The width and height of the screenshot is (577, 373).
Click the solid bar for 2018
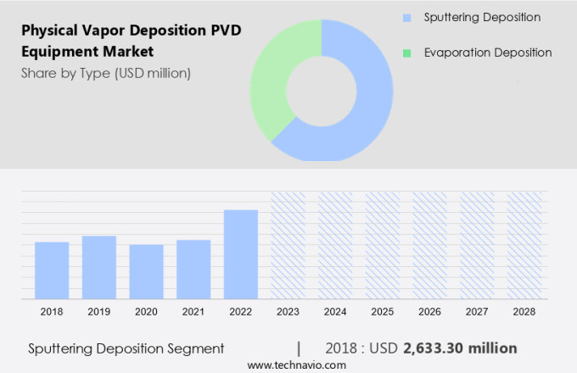52,270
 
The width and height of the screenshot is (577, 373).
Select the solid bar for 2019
99,267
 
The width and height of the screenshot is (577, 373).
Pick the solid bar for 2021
193,269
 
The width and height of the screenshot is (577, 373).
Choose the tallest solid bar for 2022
241,254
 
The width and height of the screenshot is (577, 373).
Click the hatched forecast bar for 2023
288,245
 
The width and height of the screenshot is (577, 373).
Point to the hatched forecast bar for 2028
524,245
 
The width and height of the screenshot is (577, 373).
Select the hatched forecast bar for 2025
383,245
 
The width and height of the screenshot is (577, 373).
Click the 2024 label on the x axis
335,312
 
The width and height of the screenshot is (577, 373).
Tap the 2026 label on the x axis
429,312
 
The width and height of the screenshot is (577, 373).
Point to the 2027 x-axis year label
477,312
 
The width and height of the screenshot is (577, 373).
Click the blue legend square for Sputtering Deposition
408,18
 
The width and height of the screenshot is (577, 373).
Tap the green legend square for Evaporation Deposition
408,53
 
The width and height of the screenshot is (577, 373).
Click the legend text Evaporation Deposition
487,53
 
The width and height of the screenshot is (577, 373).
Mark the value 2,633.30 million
460,348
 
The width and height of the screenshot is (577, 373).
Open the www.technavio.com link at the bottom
296,365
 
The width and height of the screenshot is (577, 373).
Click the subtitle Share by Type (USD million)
106,73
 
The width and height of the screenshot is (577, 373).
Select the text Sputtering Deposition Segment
126,348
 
